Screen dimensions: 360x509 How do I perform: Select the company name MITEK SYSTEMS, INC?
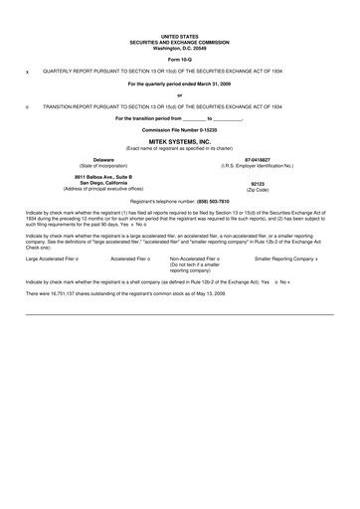pyautogui.click(x=179, y=142)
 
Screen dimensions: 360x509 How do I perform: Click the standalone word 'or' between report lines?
pyautogui.click(x=179, y=94)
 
